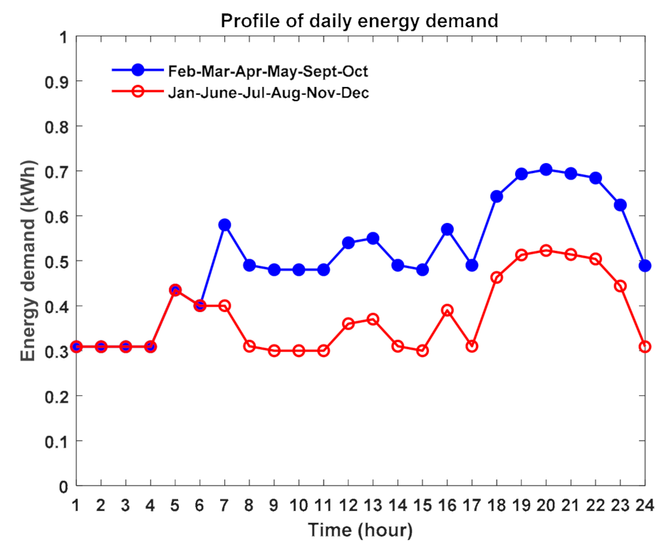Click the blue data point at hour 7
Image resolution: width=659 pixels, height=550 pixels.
[224, 224]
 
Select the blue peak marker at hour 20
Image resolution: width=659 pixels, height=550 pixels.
[546, 170]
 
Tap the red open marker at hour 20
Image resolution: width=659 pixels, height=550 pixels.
[546, 251]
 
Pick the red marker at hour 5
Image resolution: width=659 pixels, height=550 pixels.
[175, 290]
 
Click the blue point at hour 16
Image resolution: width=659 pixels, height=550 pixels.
[447, 229]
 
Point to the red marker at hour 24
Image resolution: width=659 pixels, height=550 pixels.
[645, 346]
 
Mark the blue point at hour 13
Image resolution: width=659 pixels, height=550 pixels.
[373, 238]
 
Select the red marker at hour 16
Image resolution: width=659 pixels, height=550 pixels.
[447, 311]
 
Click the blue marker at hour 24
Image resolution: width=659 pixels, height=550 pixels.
[645, 265]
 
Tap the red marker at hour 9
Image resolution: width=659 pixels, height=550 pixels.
[274, 351]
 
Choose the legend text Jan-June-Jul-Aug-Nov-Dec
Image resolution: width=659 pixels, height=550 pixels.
[268, 93]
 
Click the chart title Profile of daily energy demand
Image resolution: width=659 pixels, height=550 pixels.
[359, 21]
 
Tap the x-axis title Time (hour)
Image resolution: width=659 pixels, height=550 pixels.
[360, 531]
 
